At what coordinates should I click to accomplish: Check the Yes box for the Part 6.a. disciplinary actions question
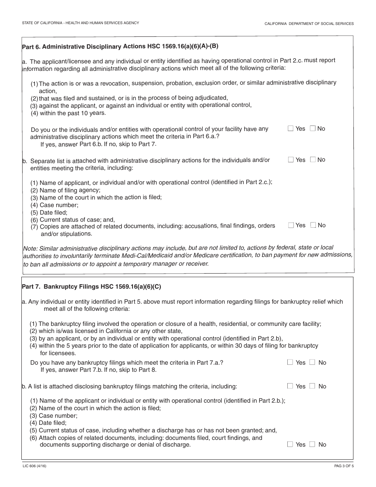click(x=291, y=128)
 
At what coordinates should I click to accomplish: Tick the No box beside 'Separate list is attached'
click(x=313, y=160)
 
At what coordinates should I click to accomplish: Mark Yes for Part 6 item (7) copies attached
click(x=291, y=225)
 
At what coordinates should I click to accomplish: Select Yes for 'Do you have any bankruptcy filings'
click(x=290, y=362)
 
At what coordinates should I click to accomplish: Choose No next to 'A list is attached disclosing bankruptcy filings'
click(x=313, y=386)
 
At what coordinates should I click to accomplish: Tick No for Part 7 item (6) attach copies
click(x=313, y=444)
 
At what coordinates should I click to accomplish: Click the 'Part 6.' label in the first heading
click(x=31, y=47)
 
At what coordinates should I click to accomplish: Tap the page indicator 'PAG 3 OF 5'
click(x=344, y=466)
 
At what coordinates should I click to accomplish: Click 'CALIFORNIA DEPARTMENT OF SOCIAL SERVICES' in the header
click(x=309, y=24)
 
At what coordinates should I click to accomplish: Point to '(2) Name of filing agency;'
click(x=65, y=190)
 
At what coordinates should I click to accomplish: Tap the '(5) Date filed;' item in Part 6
click(x=49, y=213)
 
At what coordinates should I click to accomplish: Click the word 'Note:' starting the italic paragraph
click(x=30, y=248)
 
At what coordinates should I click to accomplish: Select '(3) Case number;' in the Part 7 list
click(x=53, y=416)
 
